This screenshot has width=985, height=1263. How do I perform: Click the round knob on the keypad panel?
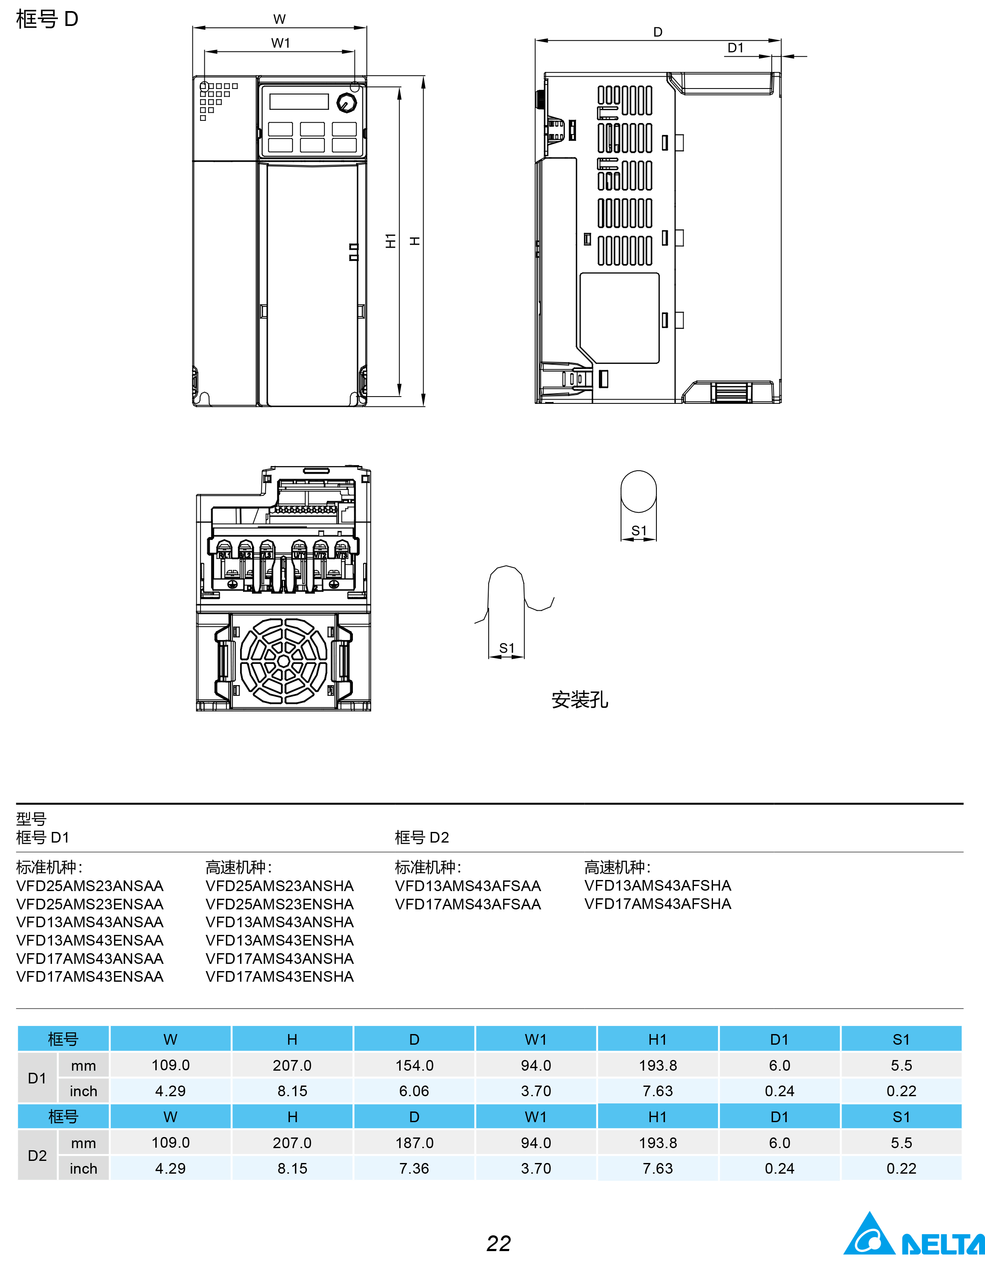point(346,103)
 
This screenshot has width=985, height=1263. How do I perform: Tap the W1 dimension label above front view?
point(281,43)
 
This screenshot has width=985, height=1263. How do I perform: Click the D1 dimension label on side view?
point(735,48)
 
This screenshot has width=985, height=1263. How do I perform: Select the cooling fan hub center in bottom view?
point(283,661)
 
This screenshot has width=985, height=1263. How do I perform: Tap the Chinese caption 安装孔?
point(579,700)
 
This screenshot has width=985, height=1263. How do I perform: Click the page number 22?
point(498,1243)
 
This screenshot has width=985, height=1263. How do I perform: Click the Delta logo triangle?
point(869,1235)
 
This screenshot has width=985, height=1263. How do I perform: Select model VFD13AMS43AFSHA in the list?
point(658,886)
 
